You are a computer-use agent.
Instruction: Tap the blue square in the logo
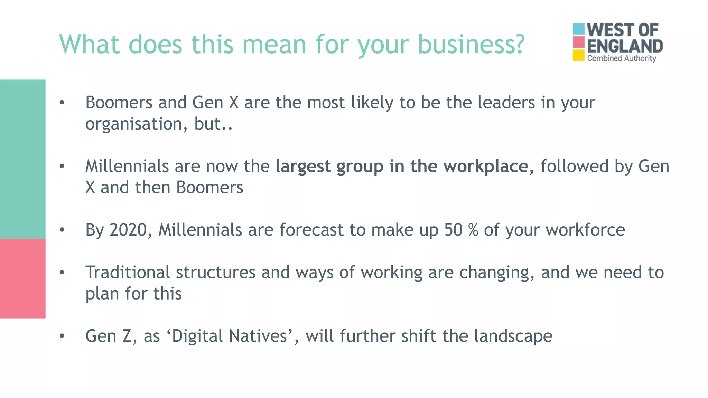click(x=578, y=29)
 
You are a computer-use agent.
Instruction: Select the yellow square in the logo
click(x=578, y=55)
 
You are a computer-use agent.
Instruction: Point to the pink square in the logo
click(x=578, y=42)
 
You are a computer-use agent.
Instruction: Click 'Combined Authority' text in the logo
click(x=622, y=58)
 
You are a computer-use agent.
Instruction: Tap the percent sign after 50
click(x=473, y=230)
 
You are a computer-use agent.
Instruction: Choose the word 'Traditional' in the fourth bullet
click(x=128, y=272)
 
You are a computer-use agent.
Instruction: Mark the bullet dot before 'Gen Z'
click(x=62, y=336)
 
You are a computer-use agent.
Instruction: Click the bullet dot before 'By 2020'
click(x=62, y=230)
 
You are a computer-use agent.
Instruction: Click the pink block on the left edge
click(x=22, y=278)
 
